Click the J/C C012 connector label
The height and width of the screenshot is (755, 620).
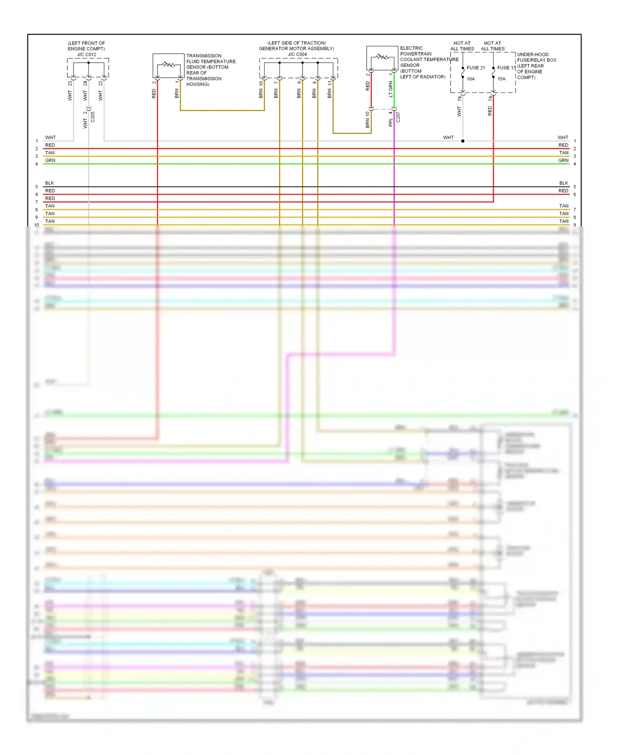pos(86,55)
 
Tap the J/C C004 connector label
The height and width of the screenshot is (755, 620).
pos(297,54)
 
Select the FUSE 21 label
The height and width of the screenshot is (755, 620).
pos(476,68)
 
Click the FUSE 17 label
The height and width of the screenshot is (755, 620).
pos(506,68)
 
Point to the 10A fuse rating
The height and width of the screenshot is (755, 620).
pos(471,79)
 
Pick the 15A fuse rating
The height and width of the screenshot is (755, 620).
pos(501,79)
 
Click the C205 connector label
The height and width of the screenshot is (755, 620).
pos(93,117)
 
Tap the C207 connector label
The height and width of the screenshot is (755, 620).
pos(398,117)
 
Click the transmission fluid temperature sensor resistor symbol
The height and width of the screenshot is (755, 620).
pos(169,64)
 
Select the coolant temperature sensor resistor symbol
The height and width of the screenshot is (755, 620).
pos(382,57)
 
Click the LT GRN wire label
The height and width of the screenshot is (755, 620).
pos(391,89)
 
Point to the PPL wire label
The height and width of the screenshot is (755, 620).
pos(391,122)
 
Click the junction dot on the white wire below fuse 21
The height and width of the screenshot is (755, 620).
pos(463,141)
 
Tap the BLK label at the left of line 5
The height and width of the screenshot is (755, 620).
pos(50,183)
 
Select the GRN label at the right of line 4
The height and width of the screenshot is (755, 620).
pos(563,160)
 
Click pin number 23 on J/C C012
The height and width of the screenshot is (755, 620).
pos(70,83)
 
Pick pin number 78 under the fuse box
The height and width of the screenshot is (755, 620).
pos(460,98)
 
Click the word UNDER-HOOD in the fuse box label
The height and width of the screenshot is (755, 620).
pos(533,55)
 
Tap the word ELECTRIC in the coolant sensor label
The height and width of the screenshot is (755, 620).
pos(411,48)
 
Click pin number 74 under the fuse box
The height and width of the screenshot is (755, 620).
pos(490,98)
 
